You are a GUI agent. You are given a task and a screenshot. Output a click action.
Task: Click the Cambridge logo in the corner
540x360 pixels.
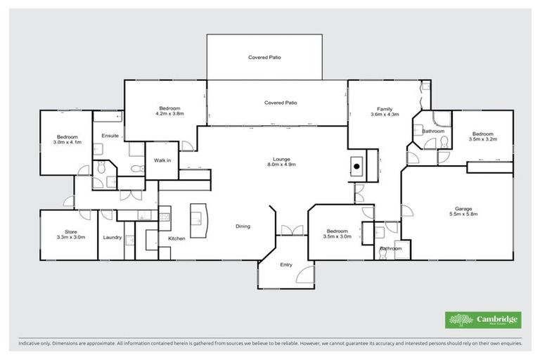tap(483, 320)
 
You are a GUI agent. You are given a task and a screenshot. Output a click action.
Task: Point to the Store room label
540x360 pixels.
tap(70, 234)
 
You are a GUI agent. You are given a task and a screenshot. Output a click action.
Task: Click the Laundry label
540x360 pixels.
tap(112, 238)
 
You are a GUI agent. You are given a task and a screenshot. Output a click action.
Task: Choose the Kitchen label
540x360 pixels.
tap(176, 238)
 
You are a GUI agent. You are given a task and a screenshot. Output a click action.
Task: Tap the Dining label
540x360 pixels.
tap(243, 226)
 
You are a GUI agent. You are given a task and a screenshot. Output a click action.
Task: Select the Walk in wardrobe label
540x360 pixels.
tap(162, 161)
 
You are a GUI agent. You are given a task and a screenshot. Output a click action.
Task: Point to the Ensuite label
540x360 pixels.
tap(110, 135)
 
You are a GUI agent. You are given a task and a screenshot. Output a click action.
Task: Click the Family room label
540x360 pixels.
tap(384, 111)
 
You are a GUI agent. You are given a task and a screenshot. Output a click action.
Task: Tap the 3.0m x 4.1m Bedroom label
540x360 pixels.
tap(67, 139)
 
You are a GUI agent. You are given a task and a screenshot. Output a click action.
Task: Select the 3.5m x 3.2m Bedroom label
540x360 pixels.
tap(483, 136)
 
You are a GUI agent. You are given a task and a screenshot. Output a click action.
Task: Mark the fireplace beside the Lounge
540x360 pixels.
tap(357, 167)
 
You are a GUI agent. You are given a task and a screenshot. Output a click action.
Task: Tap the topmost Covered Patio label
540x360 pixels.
tap(264, 57)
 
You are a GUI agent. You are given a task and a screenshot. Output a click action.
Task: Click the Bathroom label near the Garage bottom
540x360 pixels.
tap(391, 248)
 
